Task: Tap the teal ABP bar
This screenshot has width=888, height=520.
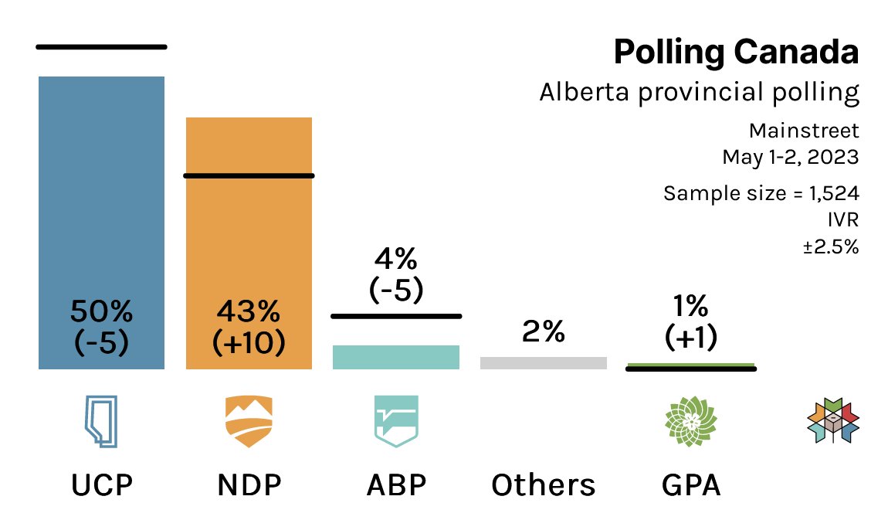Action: pos(395,357)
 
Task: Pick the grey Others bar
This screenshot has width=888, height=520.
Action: pos(543,362)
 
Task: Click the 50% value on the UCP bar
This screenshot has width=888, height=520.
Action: pos(101,311)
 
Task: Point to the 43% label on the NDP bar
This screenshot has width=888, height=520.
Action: pos(248,311)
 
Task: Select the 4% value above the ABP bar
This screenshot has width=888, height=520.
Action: pos(395,258)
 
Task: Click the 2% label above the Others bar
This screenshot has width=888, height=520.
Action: pos(543,331)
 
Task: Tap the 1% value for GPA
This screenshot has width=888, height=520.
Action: pos(690,307)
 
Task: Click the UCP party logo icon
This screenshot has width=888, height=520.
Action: pos(100,422)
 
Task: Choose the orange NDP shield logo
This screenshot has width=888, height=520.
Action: pos(248,422)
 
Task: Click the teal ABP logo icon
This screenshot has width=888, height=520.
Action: pos(395,422)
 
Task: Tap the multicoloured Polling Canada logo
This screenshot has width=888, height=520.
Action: pos(832,422)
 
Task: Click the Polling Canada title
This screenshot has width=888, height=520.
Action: pos(735,53)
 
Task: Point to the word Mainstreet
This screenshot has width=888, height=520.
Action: pos(804,130)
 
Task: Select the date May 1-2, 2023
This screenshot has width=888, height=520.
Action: pos(790,157)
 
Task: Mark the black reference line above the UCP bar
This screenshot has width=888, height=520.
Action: pos(101,47)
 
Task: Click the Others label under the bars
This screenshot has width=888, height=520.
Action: pos(543,485)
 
